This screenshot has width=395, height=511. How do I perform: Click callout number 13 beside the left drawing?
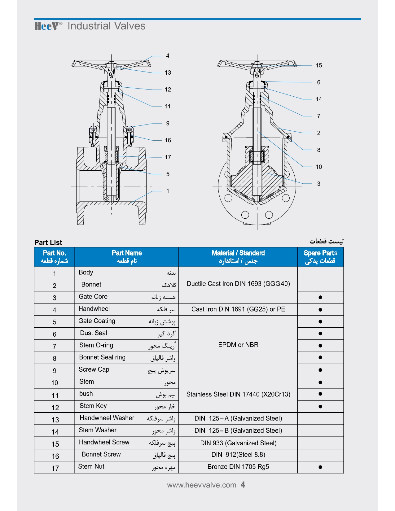[168, 73]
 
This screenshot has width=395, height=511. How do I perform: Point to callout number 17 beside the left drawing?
[168, 157]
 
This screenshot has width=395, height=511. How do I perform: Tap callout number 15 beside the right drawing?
[319, 66]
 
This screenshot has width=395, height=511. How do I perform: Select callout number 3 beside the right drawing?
[318, 184]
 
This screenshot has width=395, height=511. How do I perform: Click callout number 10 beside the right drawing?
[319, 167]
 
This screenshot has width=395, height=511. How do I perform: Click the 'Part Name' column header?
[127, 257]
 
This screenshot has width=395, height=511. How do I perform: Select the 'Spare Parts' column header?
[320, 257]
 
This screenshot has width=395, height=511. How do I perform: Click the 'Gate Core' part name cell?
[93, 297]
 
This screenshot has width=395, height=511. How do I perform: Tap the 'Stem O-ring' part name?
[96, 345]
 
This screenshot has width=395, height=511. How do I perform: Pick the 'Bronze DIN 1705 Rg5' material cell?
[238, 467]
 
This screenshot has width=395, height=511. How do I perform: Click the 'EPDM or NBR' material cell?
[238, 345]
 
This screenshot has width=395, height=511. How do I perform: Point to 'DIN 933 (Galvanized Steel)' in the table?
[238, 443]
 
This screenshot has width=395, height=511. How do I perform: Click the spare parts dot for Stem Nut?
[320, 467]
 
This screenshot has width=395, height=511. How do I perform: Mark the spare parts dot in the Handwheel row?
[320, 310]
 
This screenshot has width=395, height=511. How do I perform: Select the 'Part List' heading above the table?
[48, 242]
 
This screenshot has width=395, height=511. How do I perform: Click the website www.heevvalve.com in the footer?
[202, 485]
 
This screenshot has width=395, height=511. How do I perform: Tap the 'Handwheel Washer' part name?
[107, 418]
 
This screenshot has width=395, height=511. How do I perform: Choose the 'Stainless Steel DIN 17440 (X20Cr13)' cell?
[238, 395]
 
